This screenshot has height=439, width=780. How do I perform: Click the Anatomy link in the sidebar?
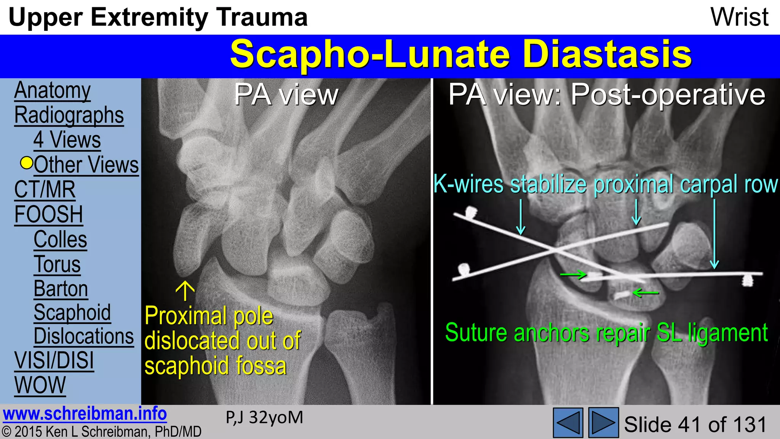pyautogui.click(x=52, y=91)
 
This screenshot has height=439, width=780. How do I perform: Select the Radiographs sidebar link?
pyautogui.click(x=69, y=115)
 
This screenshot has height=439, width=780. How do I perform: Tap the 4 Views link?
pyautogui.click(x=67, y=140)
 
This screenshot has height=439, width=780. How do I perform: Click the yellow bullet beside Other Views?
pyautogui.click(x=27, y=163)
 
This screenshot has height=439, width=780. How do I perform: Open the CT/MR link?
pyautogui.click(x=45, y=189)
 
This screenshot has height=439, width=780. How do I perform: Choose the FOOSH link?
pyautogui.click(x=48, y=214)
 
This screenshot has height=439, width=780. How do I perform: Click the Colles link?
pyautogui.click(x=60, y=239)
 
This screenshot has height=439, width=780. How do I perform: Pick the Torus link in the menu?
pyautogui.click(x=57, y=264)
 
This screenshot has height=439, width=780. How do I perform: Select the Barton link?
pyautogui.click(x=61, y=288)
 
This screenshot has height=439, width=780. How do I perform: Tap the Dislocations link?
pyautogui.click(x=84, y=336)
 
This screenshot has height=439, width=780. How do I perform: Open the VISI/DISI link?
pyautogui.click(x=54, y=360)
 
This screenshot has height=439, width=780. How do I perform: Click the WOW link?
pyautogui.click(x=40, y=385)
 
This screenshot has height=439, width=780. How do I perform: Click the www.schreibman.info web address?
pyautogui.click(x=85, y=414)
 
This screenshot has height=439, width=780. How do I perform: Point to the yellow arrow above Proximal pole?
pyautogui.click(x=185, y=291)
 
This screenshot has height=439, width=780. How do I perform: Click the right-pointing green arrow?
pyautogui.click(x=573, y=274)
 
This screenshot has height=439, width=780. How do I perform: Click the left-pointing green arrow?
pyautogui.click(x=646, y=293)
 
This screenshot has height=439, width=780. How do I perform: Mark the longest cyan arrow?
pyautogui.click(x=714, y=234)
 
